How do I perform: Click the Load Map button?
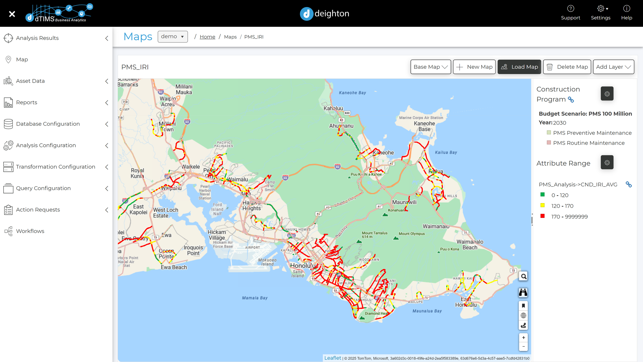pyautogui.click(x=519, y=67)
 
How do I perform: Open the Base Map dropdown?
pyautogui.click(x=430, y=67)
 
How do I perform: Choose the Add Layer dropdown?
pyautogui.click(x=613, y=67)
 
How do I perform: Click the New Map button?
pyautogui.click(x=474, y=67)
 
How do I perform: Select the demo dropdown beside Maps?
pyautogui.click(x=172, y=37)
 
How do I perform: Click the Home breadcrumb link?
pyautogui.click(x=207, y=37)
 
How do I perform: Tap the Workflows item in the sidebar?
pyautogui.click(x=30, y=231)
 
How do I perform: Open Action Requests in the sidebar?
pyautogui.click(x=38, y=210)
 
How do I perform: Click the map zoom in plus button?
pyautogui.click(x=523, y=338)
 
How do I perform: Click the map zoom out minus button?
pyautogui.click(x=523, y=346)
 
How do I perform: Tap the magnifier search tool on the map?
pyautogui.click(x=523, y=277)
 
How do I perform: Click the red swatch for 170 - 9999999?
pyautogui.click(x=542, y=216)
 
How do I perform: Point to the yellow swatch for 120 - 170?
pyautogui.click(x=542, y=205)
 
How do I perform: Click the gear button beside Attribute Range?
pyautogui.click(x=607, y=162)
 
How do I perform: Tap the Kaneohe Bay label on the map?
pyautogui.click(x=352, y=93)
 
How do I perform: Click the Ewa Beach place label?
pyautogui.click(x=174, y=267)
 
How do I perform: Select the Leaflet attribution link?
pyautogui.click(x=332, y=358)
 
